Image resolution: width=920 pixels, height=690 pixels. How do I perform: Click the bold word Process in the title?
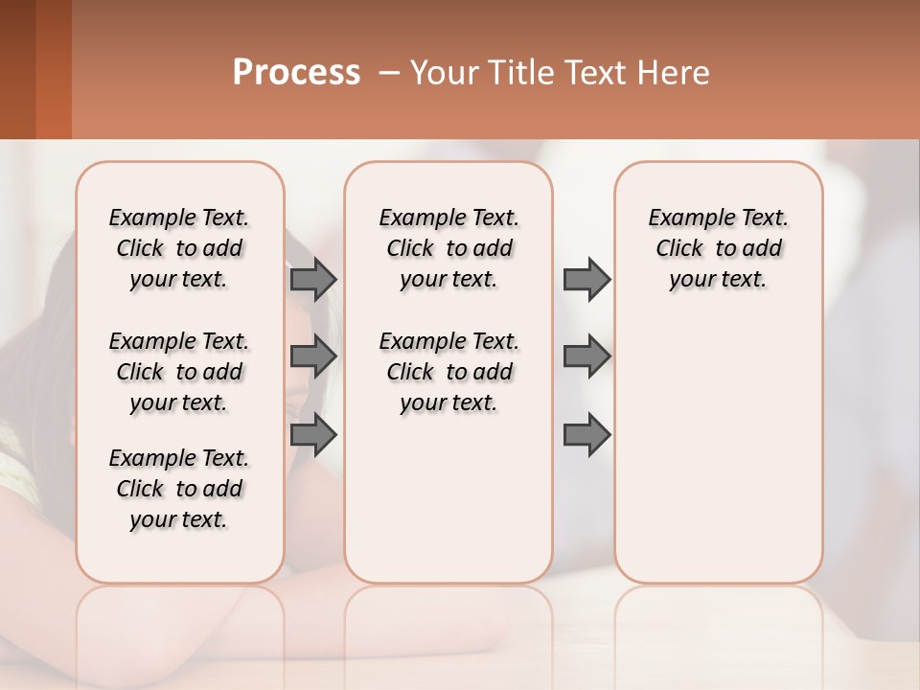coord(296,73)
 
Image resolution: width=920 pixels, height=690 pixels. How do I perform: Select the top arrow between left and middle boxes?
coord(313,279)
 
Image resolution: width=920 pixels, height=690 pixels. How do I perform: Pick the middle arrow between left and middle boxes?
coord(313,356)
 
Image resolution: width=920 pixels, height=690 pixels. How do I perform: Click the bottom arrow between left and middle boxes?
coord(313,435)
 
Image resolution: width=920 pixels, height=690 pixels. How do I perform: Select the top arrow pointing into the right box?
coord(586,279)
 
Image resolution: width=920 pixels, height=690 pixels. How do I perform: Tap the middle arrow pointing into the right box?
coord(586,356)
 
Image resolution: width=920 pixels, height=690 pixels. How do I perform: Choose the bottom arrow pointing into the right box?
coord(586,435)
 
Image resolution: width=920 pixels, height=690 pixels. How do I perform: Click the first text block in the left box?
coord(179,248)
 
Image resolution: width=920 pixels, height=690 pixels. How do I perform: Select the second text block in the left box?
coord(179,372)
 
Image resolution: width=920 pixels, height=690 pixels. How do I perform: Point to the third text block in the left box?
coord(179,489)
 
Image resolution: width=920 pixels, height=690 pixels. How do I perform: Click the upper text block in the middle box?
coord(448,248)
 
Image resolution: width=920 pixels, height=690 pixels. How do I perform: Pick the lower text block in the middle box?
coord(448,372)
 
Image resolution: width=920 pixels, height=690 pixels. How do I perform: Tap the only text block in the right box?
coord(719,248)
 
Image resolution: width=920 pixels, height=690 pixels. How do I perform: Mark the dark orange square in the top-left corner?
coord(34,69)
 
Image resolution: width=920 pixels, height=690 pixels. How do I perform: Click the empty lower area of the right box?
coord(719,450)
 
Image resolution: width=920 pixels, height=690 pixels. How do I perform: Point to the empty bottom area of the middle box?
coord(448,508)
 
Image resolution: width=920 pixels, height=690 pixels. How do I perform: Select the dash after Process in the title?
coord(386,73)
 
